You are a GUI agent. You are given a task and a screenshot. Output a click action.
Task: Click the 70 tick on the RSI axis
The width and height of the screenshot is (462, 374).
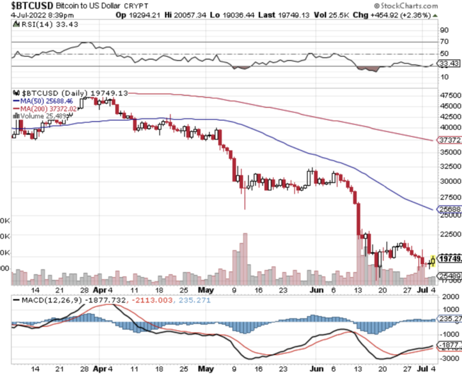444,42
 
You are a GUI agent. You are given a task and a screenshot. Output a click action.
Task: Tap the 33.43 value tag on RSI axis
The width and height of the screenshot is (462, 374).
449,64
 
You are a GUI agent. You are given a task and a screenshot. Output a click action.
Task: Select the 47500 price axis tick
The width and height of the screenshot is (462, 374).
449,95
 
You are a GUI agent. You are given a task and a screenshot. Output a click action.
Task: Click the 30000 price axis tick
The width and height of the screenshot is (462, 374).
449,181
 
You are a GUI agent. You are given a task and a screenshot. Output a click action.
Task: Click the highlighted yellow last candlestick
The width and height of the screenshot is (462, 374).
432,261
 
